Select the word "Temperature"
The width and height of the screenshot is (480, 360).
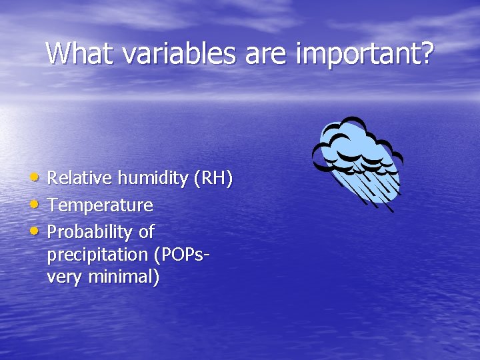100,205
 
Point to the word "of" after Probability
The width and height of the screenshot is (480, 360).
147,232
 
